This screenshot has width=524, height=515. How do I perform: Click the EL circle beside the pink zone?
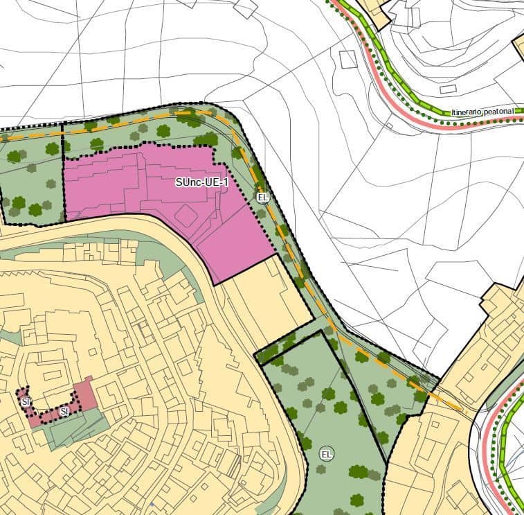point(262,198)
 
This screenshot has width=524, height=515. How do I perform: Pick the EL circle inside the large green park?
point(326,455)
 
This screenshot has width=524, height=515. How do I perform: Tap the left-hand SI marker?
point(26,401)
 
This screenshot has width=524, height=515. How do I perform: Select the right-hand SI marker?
point(64,411)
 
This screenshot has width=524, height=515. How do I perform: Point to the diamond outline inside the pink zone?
point(185,216)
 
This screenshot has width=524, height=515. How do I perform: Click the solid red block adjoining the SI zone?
point(86,393)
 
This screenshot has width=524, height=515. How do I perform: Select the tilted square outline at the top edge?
point(245,8)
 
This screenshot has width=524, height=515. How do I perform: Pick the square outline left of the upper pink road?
point(347,59)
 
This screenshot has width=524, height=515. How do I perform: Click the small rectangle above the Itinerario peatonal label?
point(448,89)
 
